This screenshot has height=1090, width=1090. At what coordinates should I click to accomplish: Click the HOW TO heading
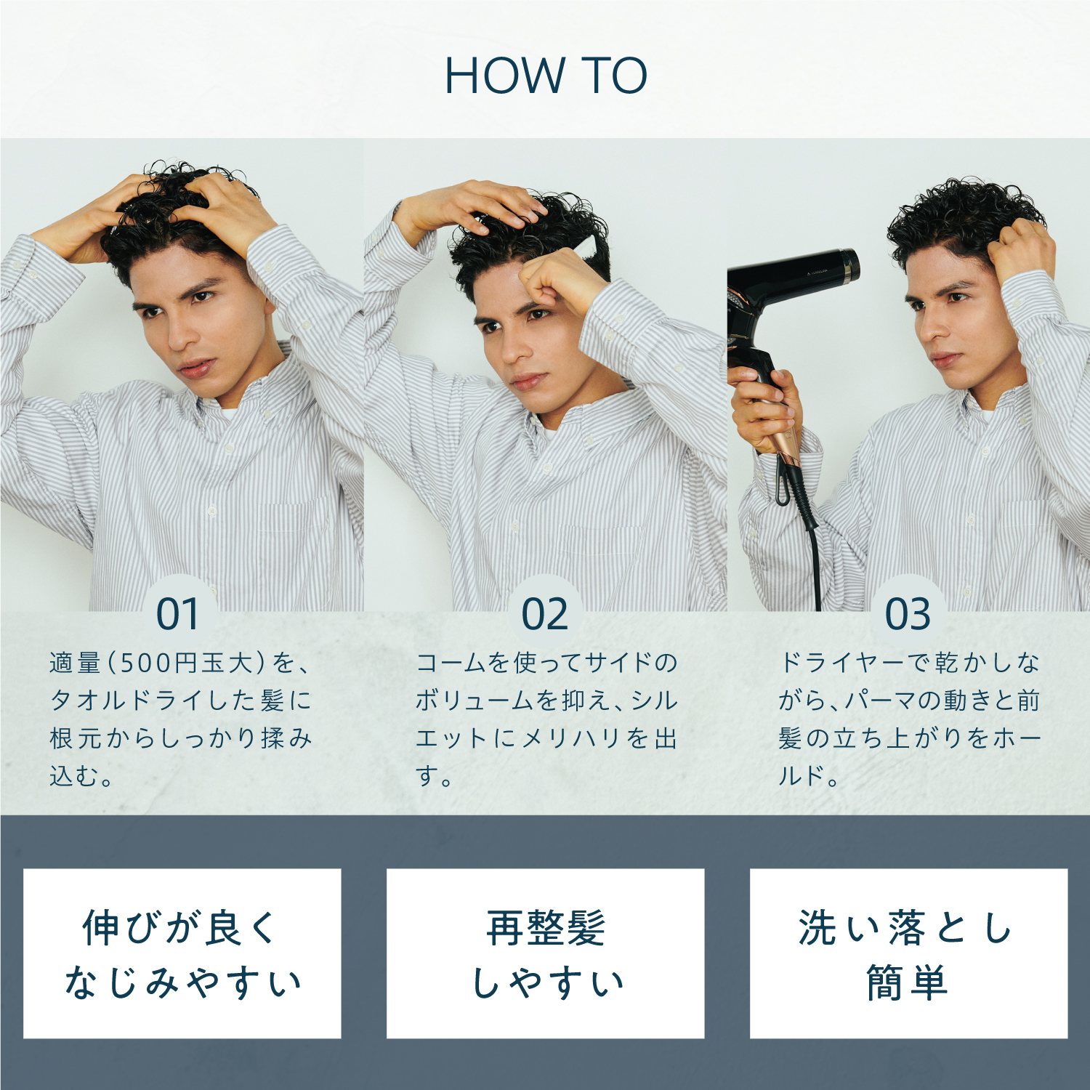click(545, 76)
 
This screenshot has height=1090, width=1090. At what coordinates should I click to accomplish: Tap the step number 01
click(178, 614)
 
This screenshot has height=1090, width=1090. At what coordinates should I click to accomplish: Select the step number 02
click(545, 614)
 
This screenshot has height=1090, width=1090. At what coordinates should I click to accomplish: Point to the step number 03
click(908, 614)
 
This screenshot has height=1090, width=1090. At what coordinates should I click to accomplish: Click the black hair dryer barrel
click(792, 276)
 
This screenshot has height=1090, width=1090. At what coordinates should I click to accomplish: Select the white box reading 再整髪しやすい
click(545, 953)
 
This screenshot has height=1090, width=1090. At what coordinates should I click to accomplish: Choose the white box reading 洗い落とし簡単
click(908, 953)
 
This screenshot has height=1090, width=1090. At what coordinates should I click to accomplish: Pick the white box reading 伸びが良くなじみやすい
click(182, 953)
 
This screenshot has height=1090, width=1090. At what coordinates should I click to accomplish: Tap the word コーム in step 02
click(451, 663)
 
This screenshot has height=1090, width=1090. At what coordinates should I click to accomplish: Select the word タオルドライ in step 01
click(129, 701)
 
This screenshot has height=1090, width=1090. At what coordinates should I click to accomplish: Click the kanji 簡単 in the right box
click(908, 982)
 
